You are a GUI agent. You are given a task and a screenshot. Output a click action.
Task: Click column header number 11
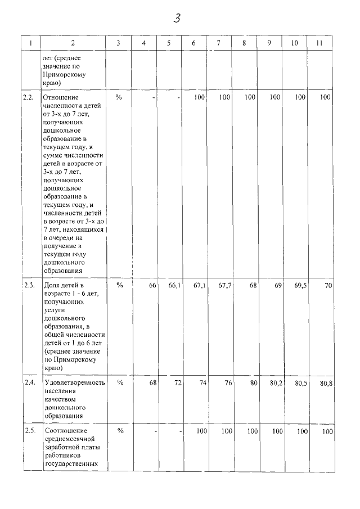click(x=319, y=43)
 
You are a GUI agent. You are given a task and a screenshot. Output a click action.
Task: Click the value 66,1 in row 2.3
click(x=174, y=286)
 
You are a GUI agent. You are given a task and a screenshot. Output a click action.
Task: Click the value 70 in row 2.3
click(x=328, y=286)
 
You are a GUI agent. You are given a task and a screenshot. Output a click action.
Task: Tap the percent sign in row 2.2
click(x=119, y=97)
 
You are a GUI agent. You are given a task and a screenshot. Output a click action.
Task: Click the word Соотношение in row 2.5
click(x=62, y=431)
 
